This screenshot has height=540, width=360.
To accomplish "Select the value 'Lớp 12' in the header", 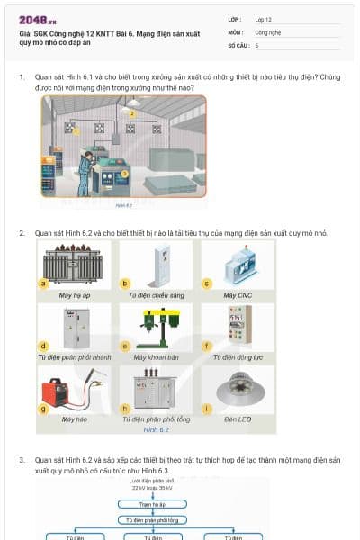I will (x=264, y=19).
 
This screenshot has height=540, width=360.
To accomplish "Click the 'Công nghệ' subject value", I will (x=268, y=31).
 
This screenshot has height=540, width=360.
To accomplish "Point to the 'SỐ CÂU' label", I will (x=238, y=44).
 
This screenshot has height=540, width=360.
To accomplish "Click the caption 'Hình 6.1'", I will (x=123, y=205).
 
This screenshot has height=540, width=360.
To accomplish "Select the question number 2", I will (x=22, y=233).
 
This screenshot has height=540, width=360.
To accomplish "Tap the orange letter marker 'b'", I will (x=126, y=283).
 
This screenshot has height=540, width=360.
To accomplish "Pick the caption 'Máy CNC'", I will (x=237, y=295).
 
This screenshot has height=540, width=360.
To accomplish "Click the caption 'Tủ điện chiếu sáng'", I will (x=155, y=295).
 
